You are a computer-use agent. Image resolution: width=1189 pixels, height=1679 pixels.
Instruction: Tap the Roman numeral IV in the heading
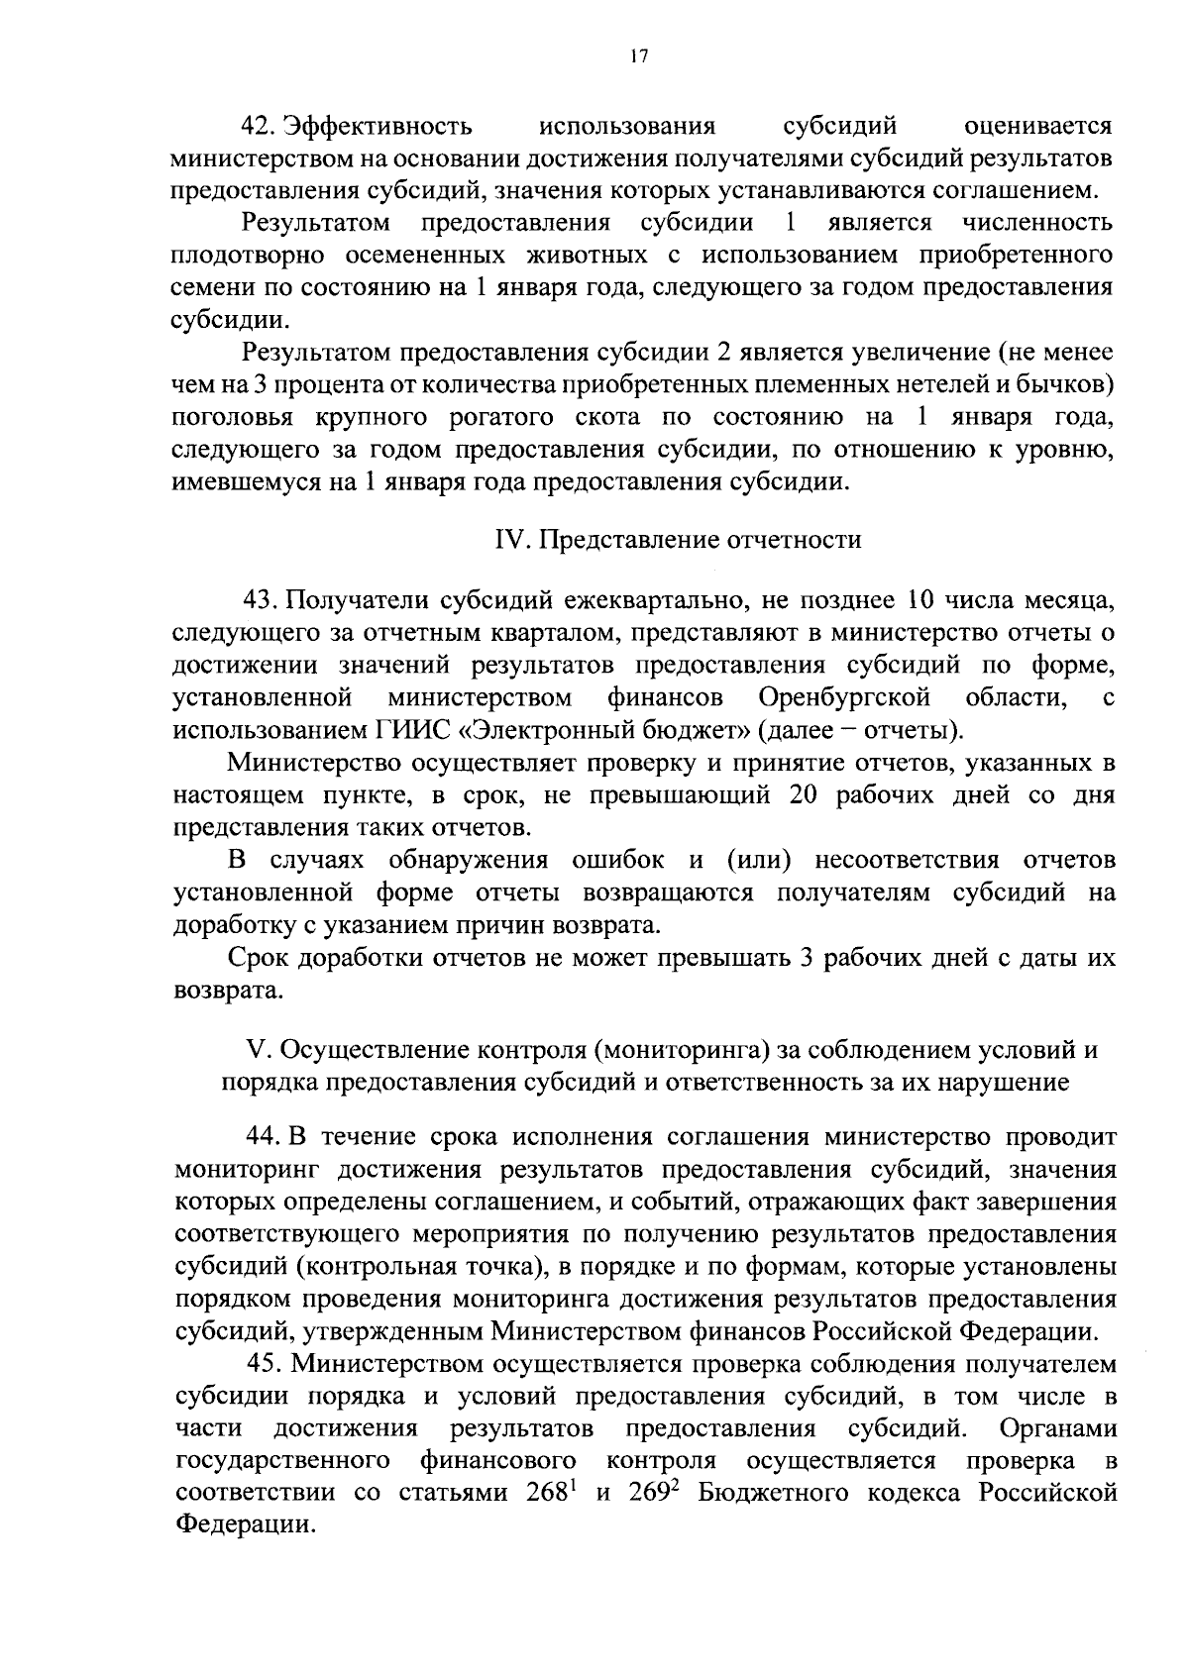point(506,540)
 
